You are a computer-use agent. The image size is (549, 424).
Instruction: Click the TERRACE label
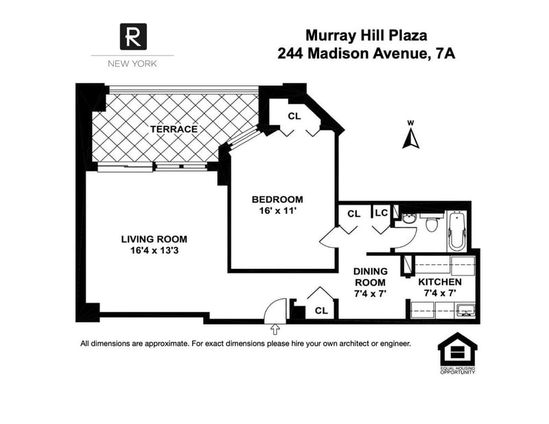click(174, 129)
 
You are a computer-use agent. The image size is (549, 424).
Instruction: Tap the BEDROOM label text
click(277, 200)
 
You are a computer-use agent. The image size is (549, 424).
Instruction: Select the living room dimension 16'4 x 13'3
click(154, 250)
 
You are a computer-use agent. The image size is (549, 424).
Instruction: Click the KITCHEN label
click(440, 282)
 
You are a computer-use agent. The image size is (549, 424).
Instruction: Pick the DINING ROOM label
click(371, 277)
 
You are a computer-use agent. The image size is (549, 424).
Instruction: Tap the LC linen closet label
click(382, 213)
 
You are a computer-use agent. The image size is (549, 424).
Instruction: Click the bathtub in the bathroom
click(457, 231)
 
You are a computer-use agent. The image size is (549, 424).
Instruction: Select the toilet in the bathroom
click(432, 223)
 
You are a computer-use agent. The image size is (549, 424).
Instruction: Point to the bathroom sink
click(408, 220)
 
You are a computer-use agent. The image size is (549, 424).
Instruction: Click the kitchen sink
click(465, 310)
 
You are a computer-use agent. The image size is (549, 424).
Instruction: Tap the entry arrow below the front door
click(275, 329)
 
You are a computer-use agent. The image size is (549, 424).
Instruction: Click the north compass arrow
click(410, 139)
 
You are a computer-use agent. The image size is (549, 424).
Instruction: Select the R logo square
click(133, 37)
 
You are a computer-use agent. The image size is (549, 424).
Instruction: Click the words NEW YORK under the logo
click(132, 64)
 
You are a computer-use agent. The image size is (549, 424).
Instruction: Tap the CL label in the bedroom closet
click(294, 116)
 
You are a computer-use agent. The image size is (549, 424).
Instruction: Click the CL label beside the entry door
click(321, 311)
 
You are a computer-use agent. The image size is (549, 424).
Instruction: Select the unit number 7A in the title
click(445, 54)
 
